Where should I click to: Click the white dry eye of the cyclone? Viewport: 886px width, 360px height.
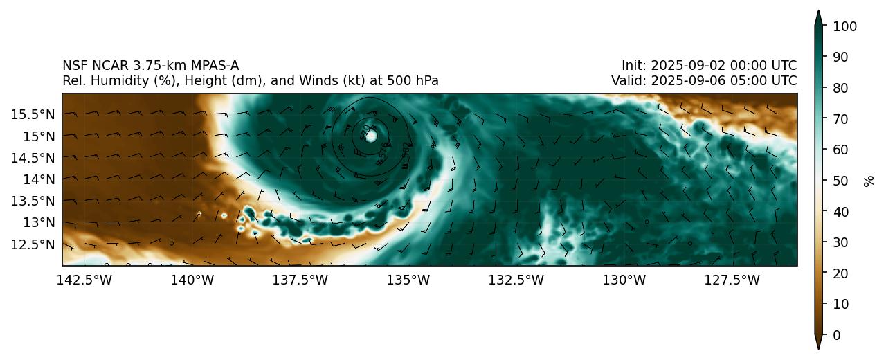coord(371,136)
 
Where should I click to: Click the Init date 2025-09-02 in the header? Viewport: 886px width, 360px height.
coord(693,66)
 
